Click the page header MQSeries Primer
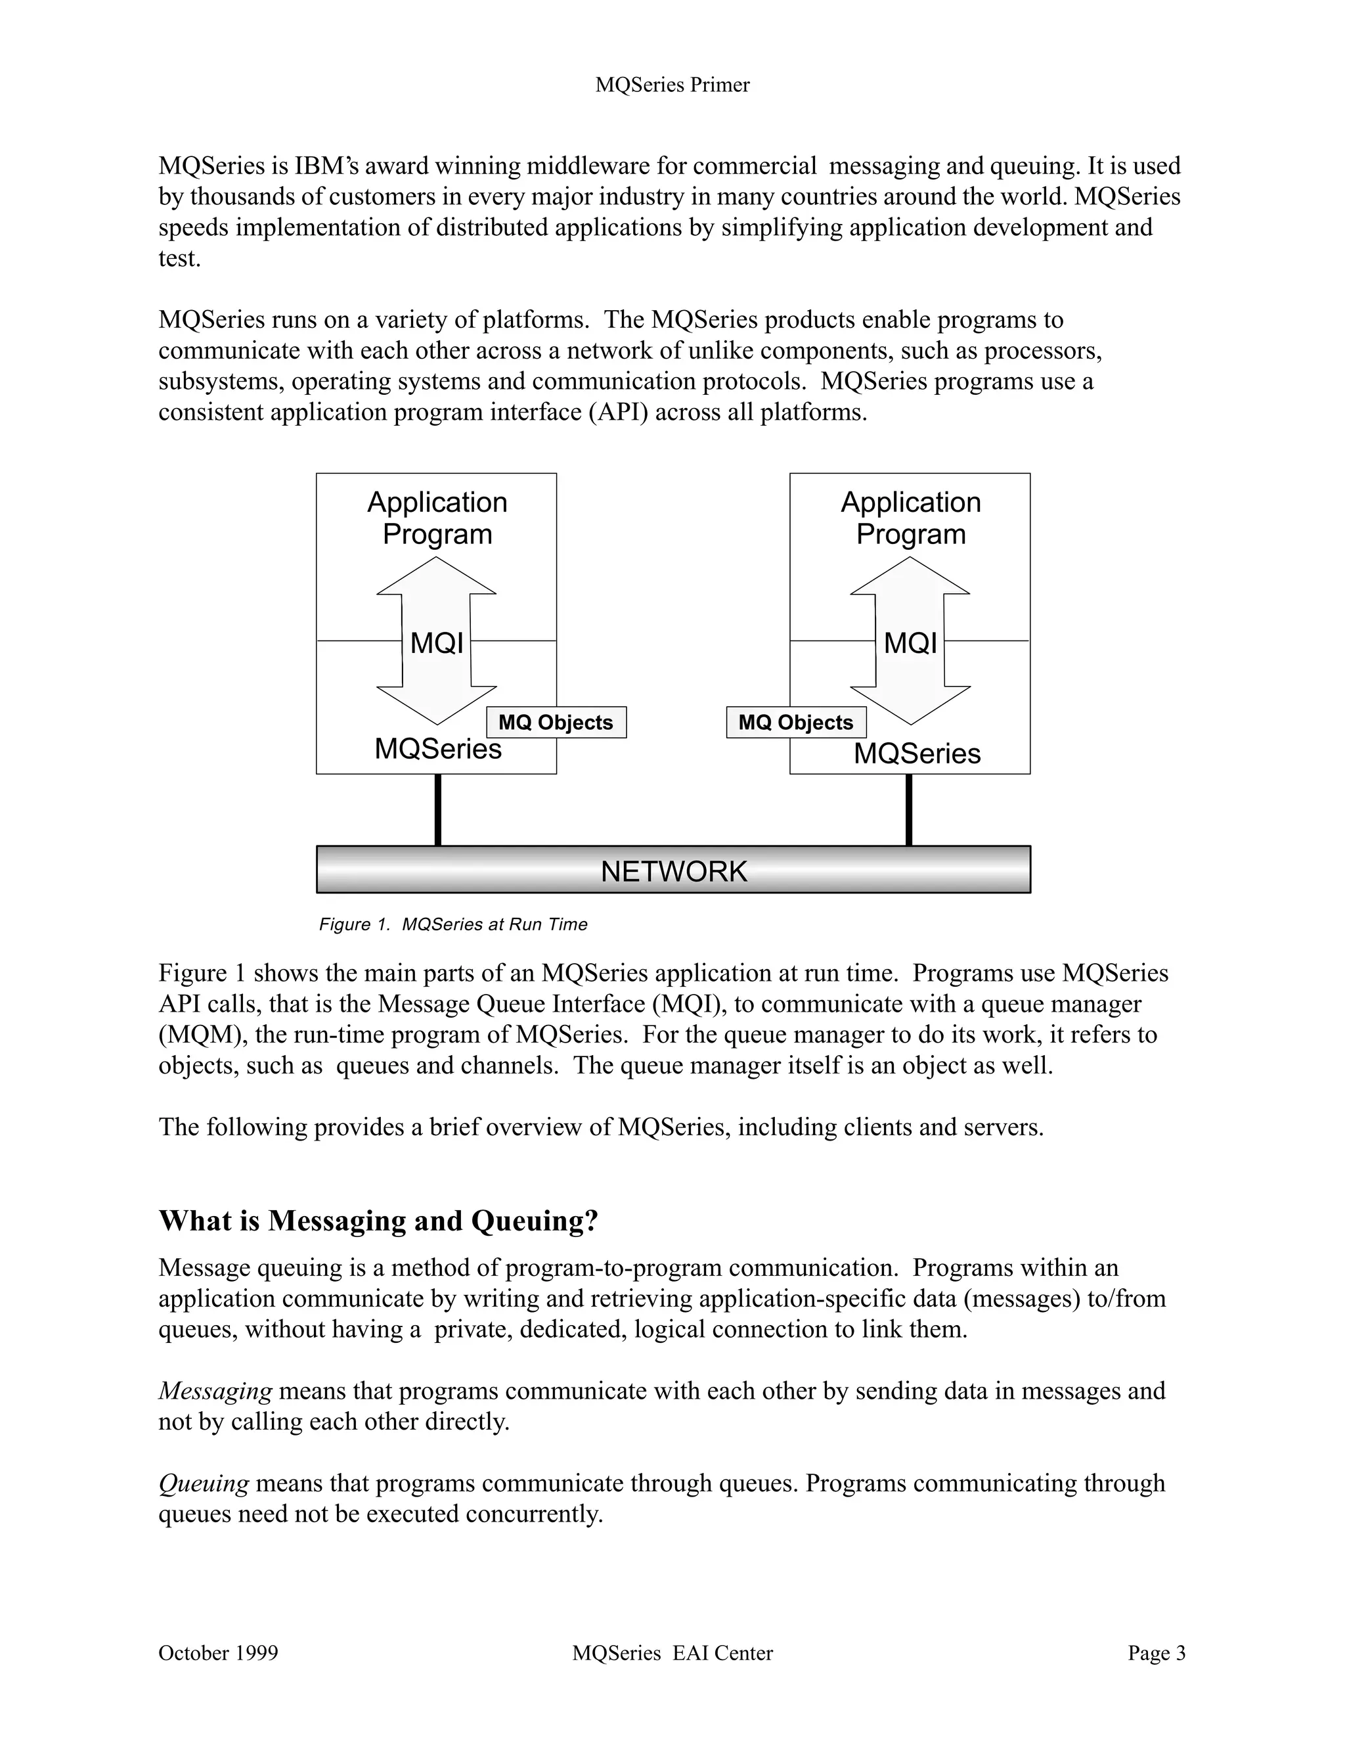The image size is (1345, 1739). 672,85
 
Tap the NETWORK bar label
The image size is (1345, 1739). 673,871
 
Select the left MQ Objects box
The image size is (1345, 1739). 556,722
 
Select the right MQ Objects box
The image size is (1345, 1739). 796,722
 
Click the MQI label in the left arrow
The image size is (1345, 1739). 436,643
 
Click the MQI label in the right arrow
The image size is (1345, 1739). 910,643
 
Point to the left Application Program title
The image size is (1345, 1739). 437,518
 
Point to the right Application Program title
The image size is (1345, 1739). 910,518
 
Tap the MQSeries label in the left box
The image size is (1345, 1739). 438,748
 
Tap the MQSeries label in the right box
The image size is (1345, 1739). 917,754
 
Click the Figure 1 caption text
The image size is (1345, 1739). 453,924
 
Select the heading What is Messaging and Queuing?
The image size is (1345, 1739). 378,1221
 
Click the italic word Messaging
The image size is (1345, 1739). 215,1391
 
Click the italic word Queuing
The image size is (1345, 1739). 204,1483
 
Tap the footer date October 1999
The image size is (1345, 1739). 218,1654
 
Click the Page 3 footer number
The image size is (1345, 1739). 1156,1654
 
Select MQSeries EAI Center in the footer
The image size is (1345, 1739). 672,1654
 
